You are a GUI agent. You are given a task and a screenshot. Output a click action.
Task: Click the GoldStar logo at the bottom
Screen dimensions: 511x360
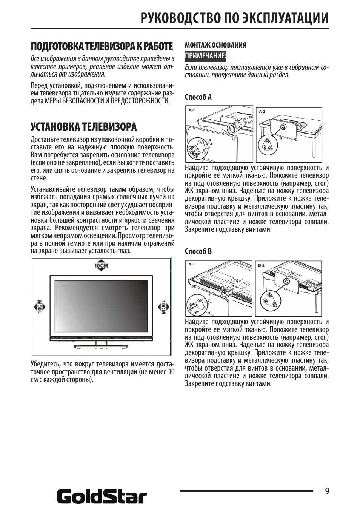pyautogui.click(x=102, y=497)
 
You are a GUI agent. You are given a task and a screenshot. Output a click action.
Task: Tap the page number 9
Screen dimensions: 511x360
pyautogui.click(x=327, y=491)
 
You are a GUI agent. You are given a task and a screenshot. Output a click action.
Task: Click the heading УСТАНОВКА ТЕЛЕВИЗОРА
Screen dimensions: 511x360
pyautogui.click(x=83, y=126)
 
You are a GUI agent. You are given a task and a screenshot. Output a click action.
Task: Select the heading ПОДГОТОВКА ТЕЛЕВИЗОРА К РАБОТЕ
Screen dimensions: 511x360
pyautogui.click(x=102, y=46)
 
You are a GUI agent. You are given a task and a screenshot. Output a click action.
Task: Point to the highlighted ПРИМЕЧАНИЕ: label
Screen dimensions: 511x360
pyautogui.click(x=205, y=56)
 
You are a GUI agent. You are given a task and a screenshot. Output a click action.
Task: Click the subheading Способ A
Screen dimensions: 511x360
pyautogui.click(x=198, y=97)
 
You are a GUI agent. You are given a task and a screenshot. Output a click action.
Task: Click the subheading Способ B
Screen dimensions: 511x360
pyautogui.click(x=198, y=251)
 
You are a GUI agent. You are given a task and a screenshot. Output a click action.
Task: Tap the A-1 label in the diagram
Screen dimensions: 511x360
pyautogui.click(x=192, y=110)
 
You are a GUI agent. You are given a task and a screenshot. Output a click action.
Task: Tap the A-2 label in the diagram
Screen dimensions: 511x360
pyautogui.click(x=262, y=111)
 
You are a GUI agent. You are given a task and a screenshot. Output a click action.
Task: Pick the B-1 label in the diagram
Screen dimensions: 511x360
pyautogui.click(x=192, y=265)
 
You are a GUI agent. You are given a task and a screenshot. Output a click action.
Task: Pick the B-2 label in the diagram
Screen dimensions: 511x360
pyautogui.click(x=261, y=265)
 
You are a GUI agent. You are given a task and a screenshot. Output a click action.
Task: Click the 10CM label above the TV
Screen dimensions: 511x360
pyautogui.click(x=101, y=265)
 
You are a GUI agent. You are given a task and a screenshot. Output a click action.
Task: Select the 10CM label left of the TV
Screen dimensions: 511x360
pyautogui.click(x=39, y=307)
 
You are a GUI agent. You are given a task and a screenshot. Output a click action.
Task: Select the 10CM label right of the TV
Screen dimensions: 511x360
pyautogui.click(x=163, y=307)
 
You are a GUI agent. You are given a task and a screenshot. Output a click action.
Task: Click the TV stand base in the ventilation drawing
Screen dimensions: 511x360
pyautogui.click(x=101, y=346)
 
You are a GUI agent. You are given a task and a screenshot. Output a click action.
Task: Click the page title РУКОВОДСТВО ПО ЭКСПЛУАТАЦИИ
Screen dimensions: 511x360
pyautogui.click(x=234, y=18)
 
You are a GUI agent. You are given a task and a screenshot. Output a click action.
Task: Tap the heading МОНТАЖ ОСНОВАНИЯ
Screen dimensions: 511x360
pyautogui.click(x=215, y=45)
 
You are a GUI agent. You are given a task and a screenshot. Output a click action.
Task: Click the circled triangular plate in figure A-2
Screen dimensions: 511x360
pyautogui.click(x=268, y=145)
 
